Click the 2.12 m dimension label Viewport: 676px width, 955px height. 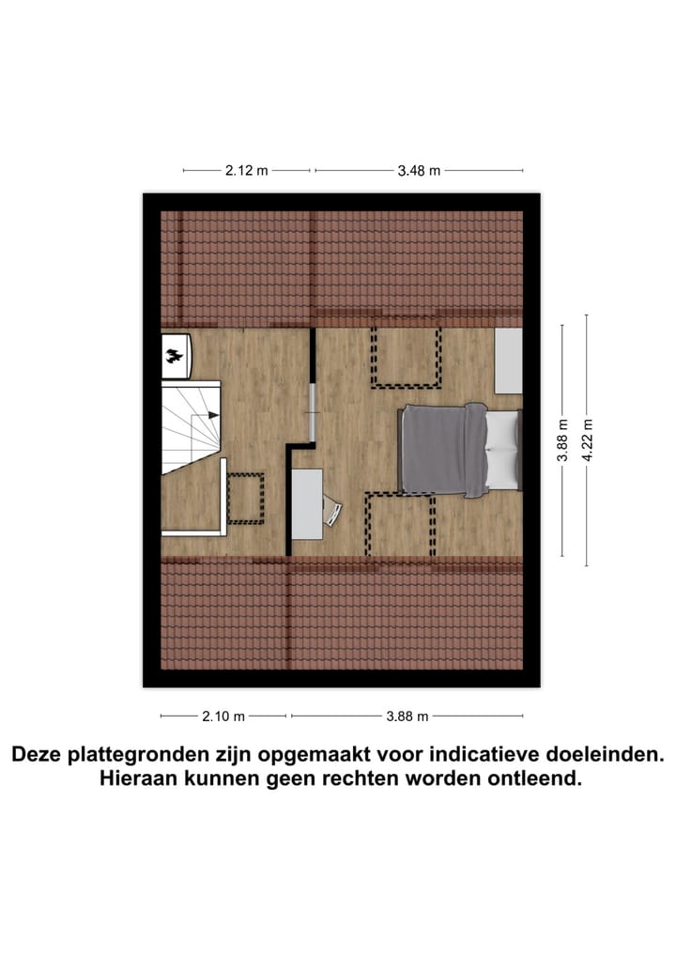pyautogui.click(x=246, y=171)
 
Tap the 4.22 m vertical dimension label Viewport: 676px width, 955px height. pyautogui.click(x=588, y=439)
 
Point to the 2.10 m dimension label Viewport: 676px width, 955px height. pyautogui.click(x=223, y=716)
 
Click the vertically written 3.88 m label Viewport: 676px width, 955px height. pyautogui.click(x=562, y=439)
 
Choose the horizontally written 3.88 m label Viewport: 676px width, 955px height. pyautogui.click(x=407, y=716)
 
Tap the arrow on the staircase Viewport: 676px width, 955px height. pyautogui.click(x=213, y=414)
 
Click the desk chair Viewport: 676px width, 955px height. pyautogui.click(x=333, y=512)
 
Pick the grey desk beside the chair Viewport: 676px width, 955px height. pyautogui.click(x=306, y=504)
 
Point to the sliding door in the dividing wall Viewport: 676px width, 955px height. pyautogui.click(x=311, y=411)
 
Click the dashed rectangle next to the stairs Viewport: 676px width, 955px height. pyautogui.click(x=245, y=499)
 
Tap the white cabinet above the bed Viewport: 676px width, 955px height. pyautogui.click(x=508, y=361)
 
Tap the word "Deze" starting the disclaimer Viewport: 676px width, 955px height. pyautogui.click(x=36, y=754)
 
